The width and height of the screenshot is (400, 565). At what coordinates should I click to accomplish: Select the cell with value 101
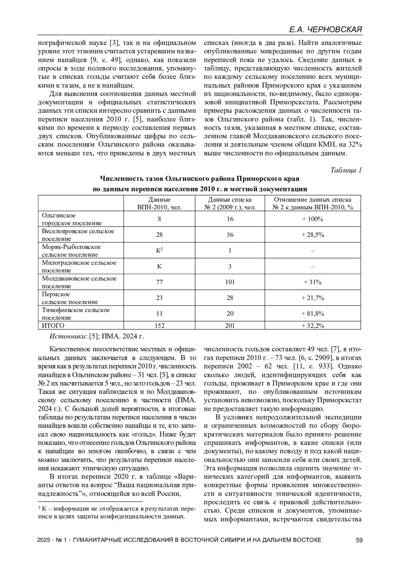[x=230, y=282]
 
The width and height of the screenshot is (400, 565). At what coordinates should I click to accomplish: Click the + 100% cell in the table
[x=312, y=219]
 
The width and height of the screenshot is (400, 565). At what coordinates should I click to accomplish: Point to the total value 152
[x=159, y=326]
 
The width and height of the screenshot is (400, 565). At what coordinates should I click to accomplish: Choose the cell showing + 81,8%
[x=313, y=314]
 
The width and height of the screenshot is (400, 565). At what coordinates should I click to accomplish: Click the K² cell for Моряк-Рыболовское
[x=159, y=250]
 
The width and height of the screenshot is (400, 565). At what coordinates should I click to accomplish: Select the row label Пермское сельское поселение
[x=70, y=298]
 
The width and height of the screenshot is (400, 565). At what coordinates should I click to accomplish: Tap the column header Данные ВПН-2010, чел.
[x=159, y=203]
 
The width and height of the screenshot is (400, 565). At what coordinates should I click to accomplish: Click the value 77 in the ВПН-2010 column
[x=159, y=282]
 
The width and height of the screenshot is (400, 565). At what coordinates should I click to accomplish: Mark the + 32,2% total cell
[x=313, y=326]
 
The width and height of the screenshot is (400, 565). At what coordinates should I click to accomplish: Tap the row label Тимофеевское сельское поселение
[x=76, y=314]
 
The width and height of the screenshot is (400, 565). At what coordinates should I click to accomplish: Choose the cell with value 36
[x=230, y=235]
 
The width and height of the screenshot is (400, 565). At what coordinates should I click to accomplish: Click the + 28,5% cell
[x=313, y=235]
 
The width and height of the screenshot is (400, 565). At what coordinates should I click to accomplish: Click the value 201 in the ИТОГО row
[x=230, y=326]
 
